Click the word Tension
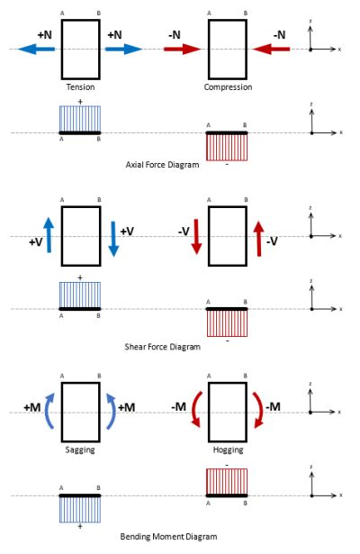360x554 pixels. pyautogui.click(x=80, y=87)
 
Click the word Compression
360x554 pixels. pyautogui.click(x=228, y=87)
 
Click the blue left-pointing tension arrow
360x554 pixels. pyautogui.click(x=34, y=50)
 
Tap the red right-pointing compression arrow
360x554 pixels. pyautogui.click(x=183, y=50)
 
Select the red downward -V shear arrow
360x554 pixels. pyautogui.click(x=197, y=239)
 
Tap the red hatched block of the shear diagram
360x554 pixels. pyautogui.click(x=228, y=322)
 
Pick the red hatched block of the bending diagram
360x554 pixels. pyautogui.click(x=228, y=482)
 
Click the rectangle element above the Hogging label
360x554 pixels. pyautogui.click(x=228, y=411)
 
